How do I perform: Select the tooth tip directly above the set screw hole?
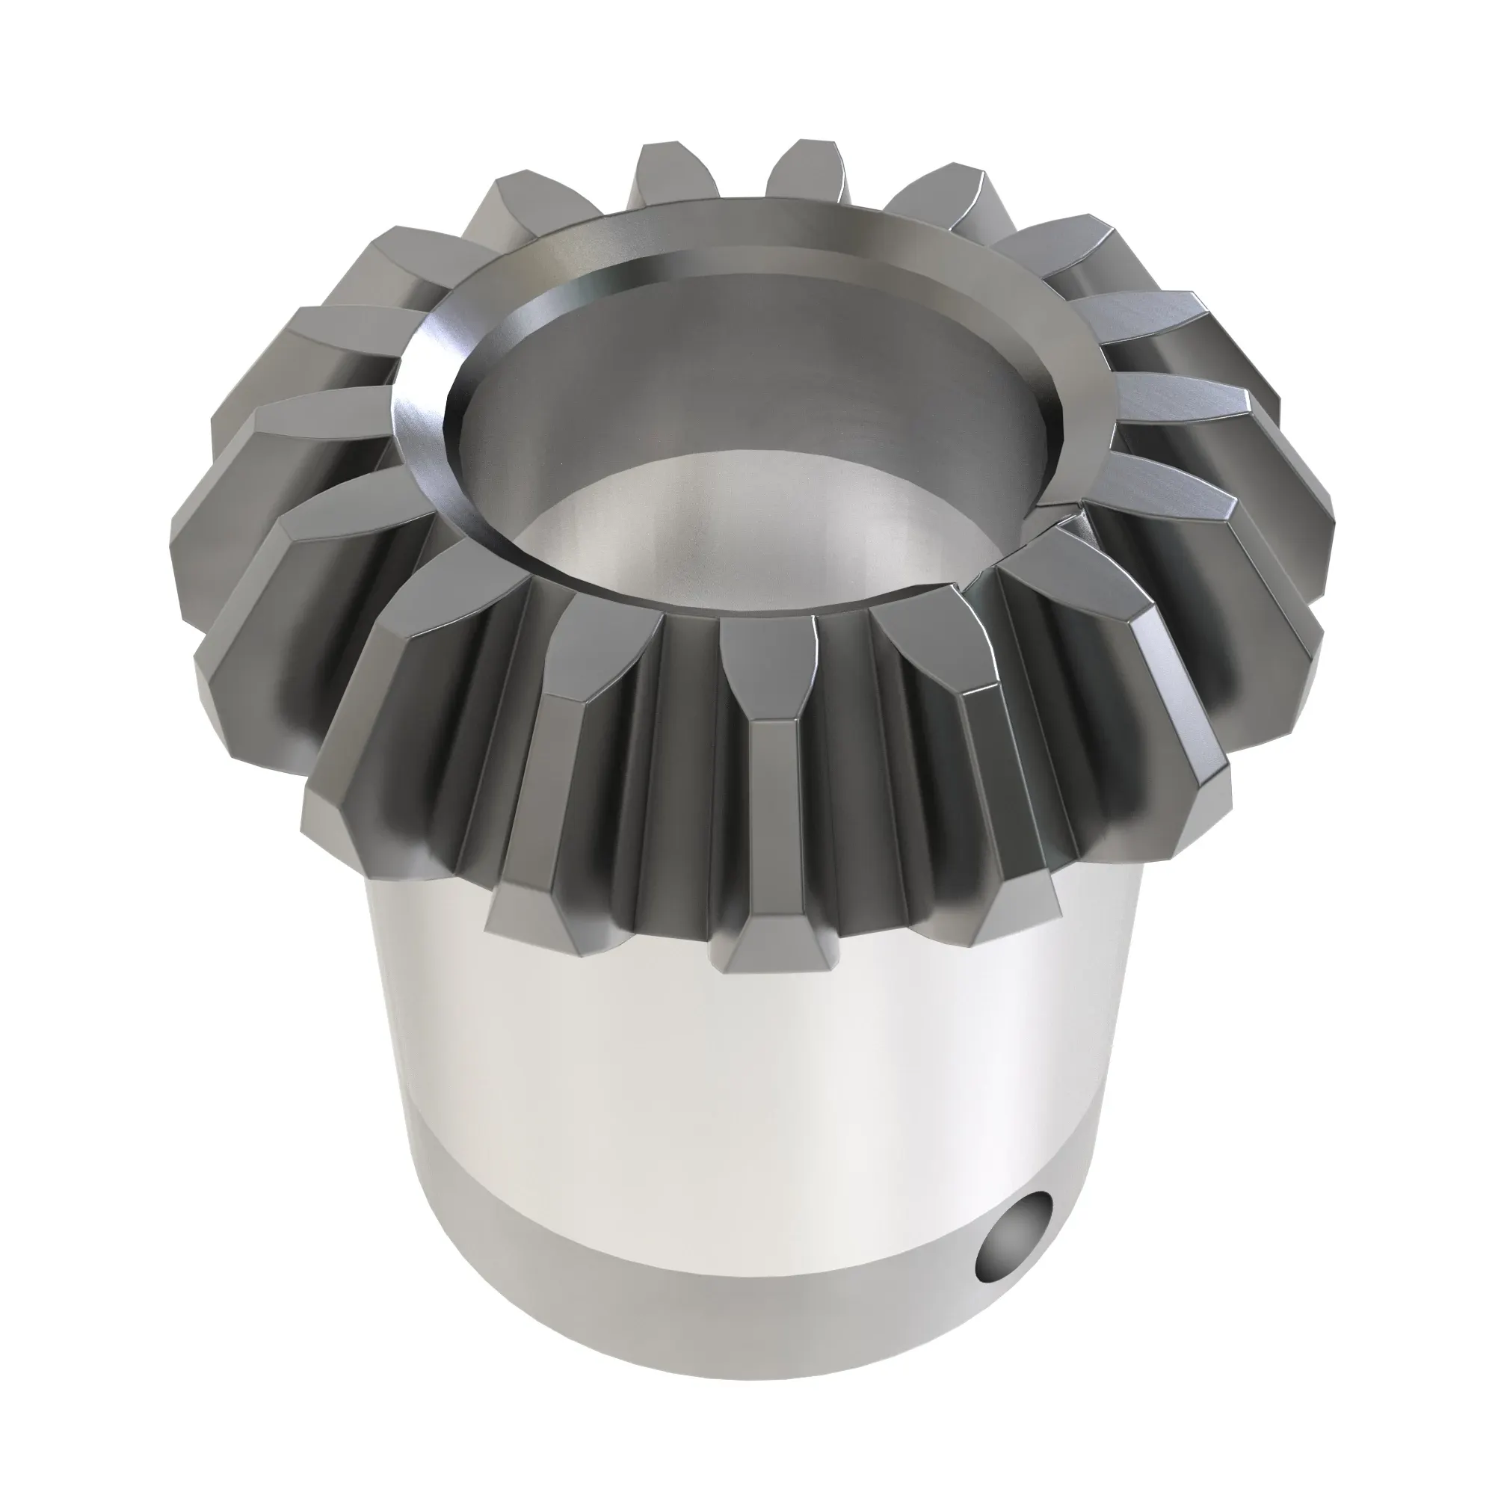[1014, 913]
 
